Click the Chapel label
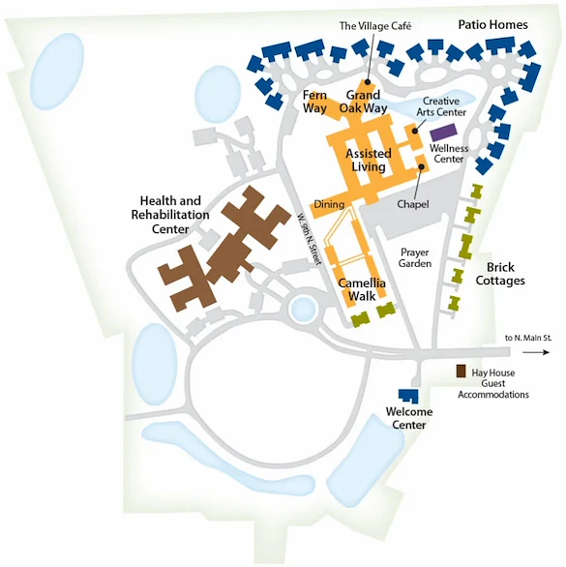pos(412,204)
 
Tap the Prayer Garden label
pos(416,256)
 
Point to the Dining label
pos(328,204)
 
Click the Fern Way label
pos(315,102)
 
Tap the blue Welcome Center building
pos(408,395)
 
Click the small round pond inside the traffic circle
pos(304,310)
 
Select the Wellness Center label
pos(449,153)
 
